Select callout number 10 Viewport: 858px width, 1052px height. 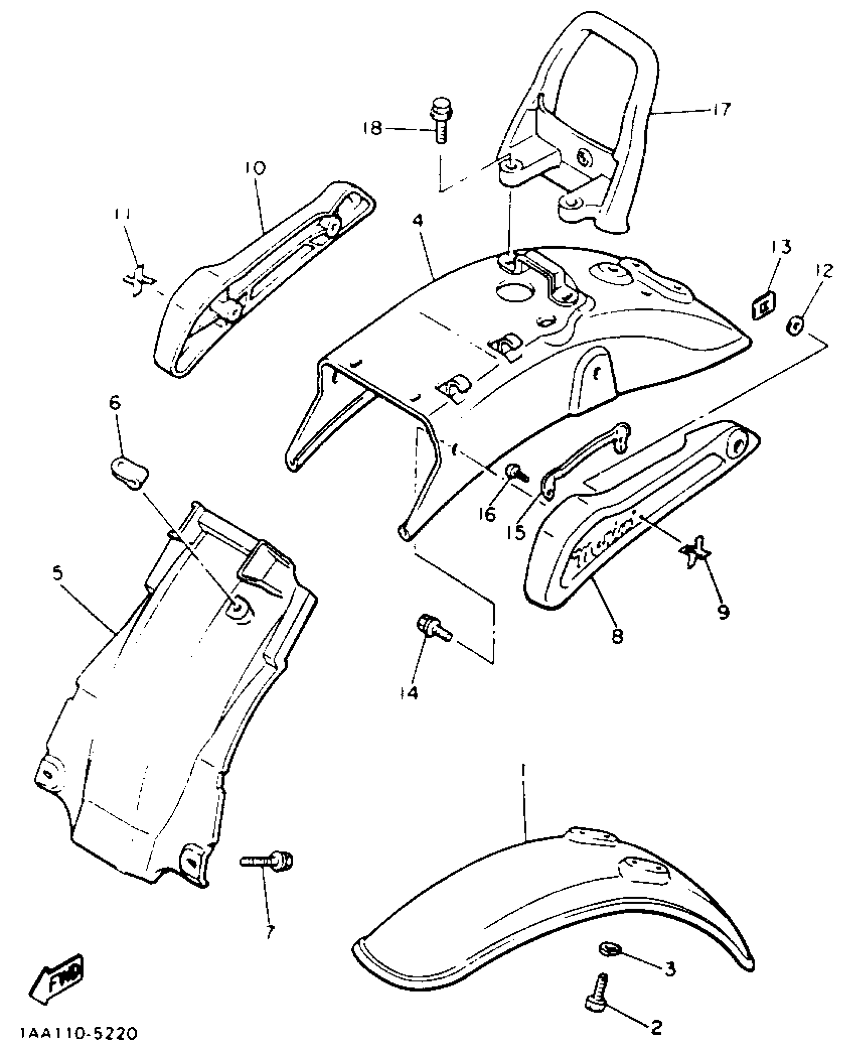pyautogui.click(x=256, y=168)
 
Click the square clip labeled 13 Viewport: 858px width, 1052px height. pyautogui.click(x=764, y=305)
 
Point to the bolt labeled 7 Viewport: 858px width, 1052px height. pyautogui.click(x=266, y=859)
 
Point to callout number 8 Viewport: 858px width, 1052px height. pyautogui.click(x=617, y=635)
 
